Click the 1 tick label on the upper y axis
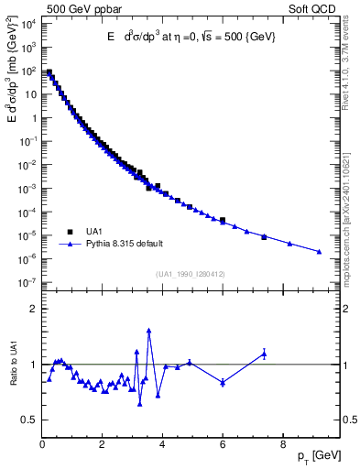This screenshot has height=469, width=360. pos(35,117)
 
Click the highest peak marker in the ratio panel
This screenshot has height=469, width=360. pos(148,330)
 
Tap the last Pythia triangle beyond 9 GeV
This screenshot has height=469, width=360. pos(319,252)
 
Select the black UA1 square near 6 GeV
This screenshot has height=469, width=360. pos(223,220)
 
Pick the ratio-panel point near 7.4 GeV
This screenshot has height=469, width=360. pos(264,354)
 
